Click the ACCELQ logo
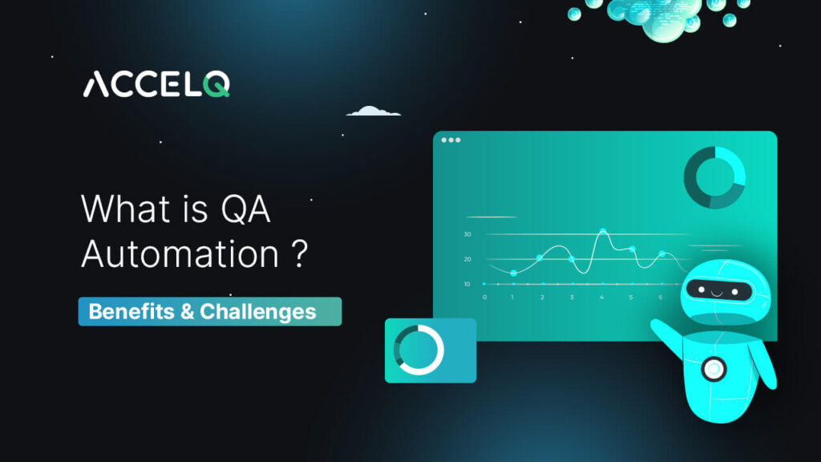(156, 84)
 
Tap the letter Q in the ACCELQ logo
(216, 84)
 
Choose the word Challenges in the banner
(257, 311)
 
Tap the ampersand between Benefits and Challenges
(187, 311)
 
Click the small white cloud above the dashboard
(373, 111)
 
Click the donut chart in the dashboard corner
(714, 177)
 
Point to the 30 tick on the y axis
(467, 234)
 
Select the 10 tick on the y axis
(467, 284)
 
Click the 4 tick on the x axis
(601, 297)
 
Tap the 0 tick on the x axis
(483, 297)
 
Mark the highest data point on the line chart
(602, 232)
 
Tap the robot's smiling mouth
(715, 293)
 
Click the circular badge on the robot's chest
(712, 369)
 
